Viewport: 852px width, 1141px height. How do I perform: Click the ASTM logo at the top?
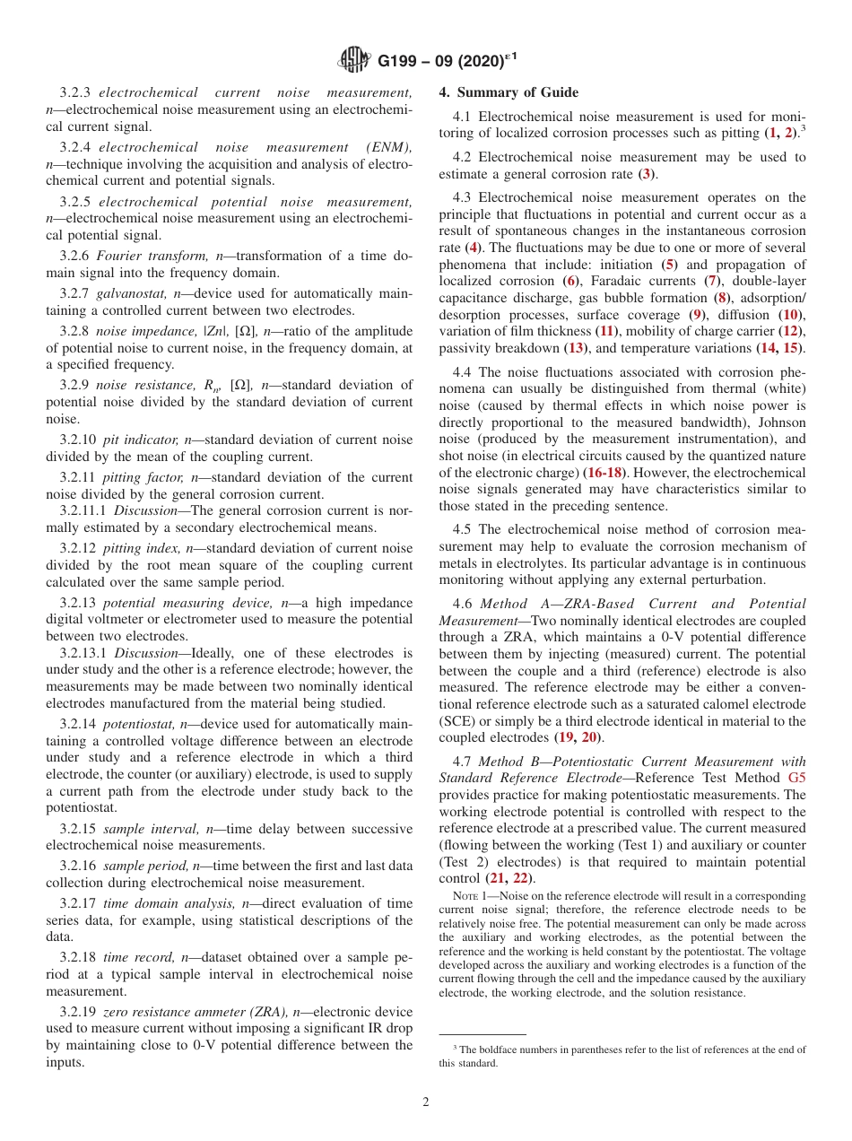[353, 61]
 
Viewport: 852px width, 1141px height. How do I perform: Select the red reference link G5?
[795, 779]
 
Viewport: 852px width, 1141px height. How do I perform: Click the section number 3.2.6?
[75, 257]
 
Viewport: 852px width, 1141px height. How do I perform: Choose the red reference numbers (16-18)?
[605, 471]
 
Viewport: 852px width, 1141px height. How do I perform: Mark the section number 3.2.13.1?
[83, 653]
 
